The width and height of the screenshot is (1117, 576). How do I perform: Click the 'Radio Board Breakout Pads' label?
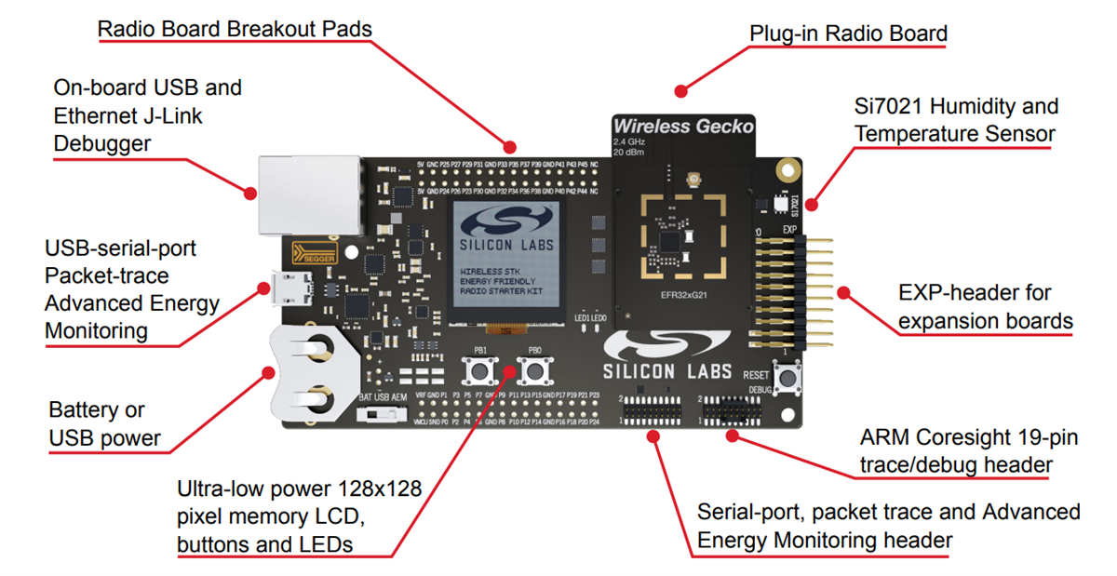click(x=235, y=30)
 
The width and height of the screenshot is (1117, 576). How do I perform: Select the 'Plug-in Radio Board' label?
click(x=848, y=34)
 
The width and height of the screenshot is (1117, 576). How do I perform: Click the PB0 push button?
click(x=534, y=373)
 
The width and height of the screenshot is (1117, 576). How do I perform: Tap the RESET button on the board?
click(x=788, y=379)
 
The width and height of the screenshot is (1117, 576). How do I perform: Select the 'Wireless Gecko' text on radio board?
click(x=682, y=127)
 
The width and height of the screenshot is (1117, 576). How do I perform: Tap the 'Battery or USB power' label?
click(x=104, y=423)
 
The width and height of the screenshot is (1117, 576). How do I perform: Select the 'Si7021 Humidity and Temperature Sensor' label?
click(x=955, y=120)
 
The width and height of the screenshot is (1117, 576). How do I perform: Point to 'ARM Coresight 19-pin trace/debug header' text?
click(x=968, y=450)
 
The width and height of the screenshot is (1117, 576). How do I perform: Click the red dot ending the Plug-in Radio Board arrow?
click(x=681, y=91)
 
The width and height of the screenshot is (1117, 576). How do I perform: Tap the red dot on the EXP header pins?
click(x=843, y=292)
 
